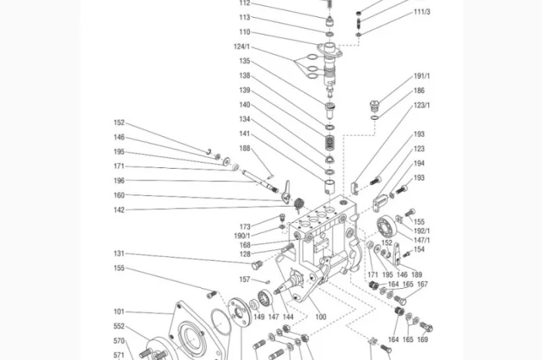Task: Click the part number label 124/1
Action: click(242, 46)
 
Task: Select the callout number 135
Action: click(245, 61)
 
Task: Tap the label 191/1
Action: click(422, 76)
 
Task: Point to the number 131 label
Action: click(119, 254)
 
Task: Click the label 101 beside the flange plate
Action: click(119, 312)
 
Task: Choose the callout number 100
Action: click(321, 317)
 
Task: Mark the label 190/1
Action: click(242, 236)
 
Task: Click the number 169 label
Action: click(423, 340)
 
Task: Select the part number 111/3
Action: click(422, 12)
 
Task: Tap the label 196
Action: click(119, 180)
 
